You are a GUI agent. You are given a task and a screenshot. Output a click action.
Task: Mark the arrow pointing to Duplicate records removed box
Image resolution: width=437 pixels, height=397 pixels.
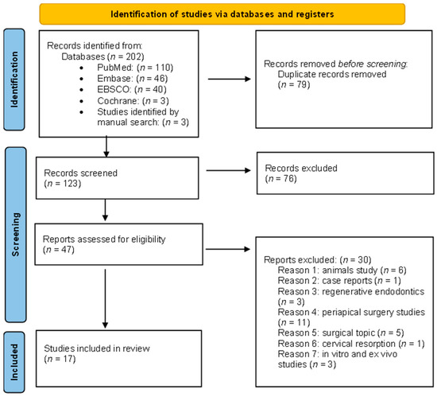tap(230, 78)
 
